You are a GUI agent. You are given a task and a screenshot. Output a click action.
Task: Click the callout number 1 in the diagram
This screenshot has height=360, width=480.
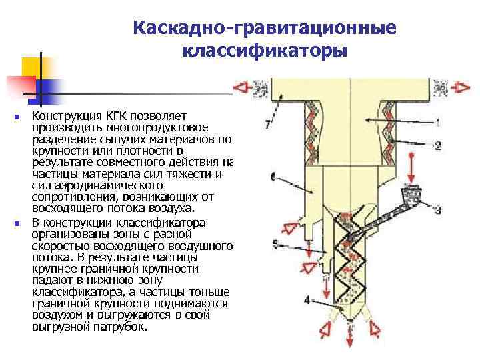point(438,123)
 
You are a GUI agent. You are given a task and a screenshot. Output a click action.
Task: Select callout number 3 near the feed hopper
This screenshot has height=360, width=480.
point(437,211)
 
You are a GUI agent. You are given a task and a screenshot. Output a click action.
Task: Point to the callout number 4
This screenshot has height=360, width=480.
point(307,300)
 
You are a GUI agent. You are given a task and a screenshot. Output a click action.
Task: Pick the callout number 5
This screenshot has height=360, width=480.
point(276,244)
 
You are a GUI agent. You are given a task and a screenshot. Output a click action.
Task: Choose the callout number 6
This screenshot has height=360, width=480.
point(273,177)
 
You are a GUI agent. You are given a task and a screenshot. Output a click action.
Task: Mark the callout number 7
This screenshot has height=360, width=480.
point(267,124)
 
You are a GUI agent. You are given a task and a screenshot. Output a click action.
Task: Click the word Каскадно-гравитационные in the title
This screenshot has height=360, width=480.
point(265,28)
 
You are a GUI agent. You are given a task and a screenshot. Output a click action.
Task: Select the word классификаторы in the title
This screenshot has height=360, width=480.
point(265,51)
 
